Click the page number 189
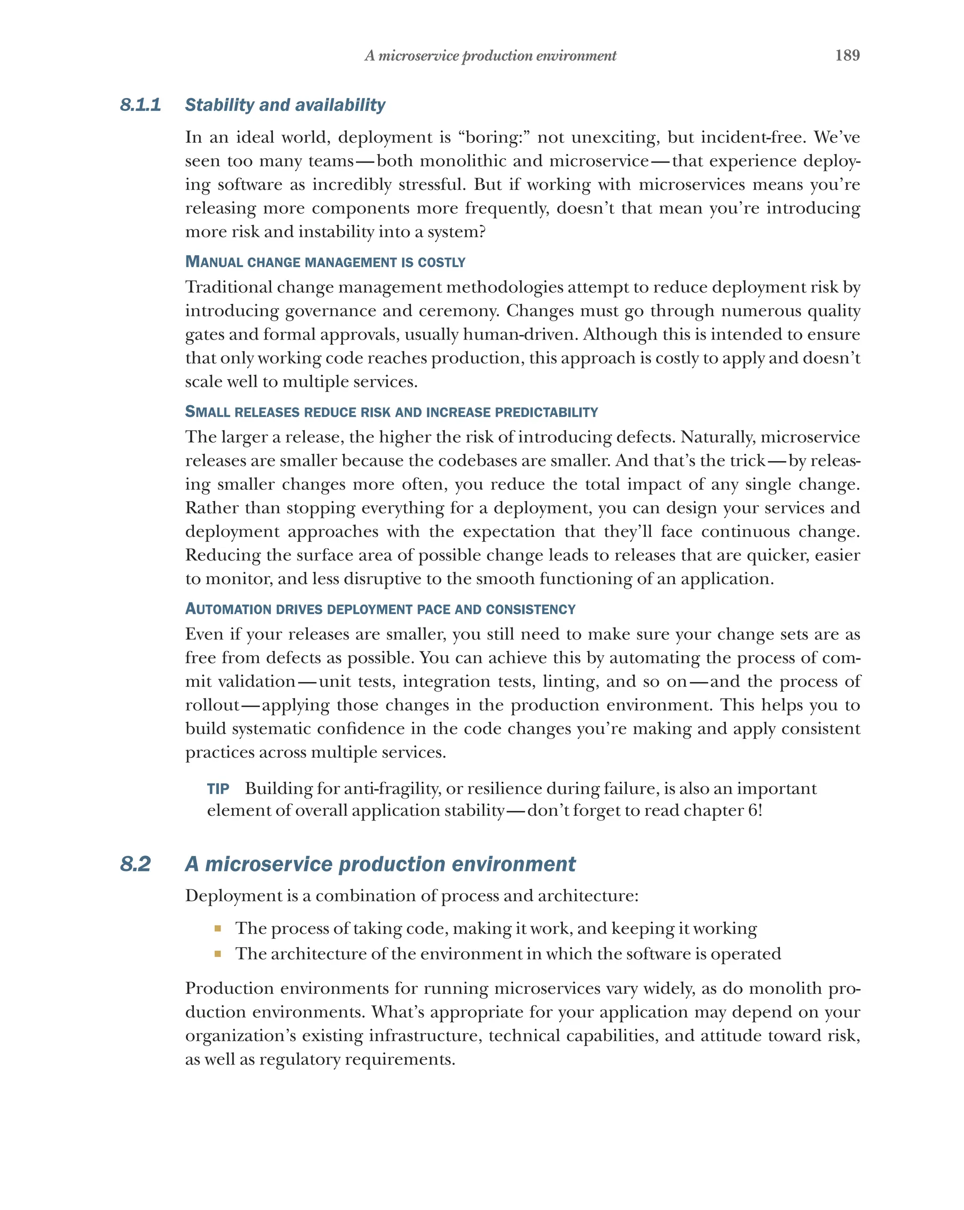(x=847, y=55)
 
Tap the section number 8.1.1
(x=140, y=105)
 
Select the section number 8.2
(x=135, y=864)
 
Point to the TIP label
(x=217, y=789)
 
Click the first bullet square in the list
(x=217, y=928)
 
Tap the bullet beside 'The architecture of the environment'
(x=217, y=953)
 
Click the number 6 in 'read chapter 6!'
(x=753, y=811)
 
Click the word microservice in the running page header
(x=418, y=56)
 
